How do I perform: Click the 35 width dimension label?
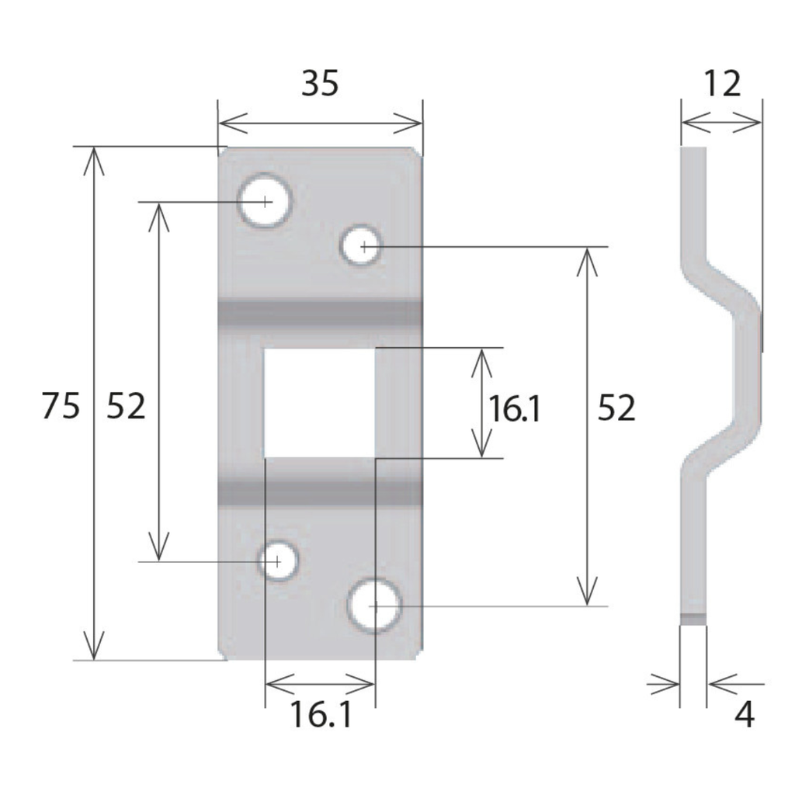click(x=320, y=84)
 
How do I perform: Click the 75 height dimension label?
click(x=61, y=406)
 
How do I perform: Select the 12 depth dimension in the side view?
click(x=722, y=84)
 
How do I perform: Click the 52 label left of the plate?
click(x=126, y=406)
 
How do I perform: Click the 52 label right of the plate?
click(x=616, y=408)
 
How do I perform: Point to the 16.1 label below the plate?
click(x=321, y=715)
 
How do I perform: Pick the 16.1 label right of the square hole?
click(x=513, y=408)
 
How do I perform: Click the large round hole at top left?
click(x=265, y=201)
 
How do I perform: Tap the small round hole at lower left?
click(x=277, y=561)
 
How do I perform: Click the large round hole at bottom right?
click(x=374, y=606)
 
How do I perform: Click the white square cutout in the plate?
click(x=319, y=402)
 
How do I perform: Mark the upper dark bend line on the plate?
click(x=319, y=313)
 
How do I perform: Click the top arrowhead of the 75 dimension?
click(x=93, y=155)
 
